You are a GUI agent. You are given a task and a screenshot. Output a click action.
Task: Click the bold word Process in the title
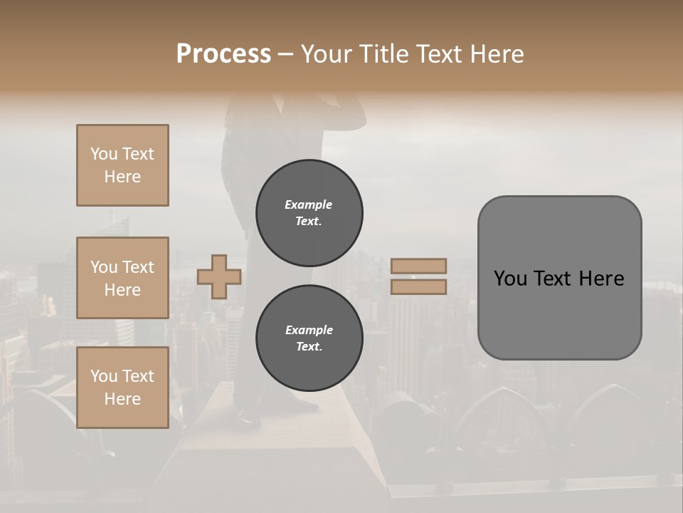point(223,54)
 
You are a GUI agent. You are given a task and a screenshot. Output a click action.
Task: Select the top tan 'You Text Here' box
point(122,165)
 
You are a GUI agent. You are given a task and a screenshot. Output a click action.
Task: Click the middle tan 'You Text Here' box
point(122,278)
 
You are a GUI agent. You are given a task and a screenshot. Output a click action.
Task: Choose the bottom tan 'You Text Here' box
point(122,388)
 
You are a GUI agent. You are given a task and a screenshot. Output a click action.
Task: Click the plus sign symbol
point(219,276)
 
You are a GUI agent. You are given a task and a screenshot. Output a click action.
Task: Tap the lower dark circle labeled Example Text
point(309,338)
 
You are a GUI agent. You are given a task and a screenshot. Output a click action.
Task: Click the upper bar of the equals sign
point(418,266)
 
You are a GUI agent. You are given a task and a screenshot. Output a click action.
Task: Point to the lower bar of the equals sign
point(418,286)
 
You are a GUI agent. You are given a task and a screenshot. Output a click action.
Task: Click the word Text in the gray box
point(552,279)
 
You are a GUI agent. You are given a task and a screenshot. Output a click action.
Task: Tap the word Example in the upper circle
point(309,204)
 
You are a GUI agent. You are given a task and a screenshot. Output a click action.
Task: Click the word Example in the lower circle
point(309,330)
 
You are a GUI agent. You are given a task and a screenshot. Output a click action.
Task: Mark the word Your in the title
point(324,54)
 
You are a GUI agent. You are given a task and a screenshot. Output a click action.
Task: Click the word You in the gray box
point(510,279)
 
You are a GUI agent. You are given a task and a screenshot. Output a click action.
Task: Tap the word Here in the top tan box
point(122,177)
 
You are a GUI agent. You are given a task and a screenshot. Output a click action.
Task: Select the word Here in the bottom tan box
point(122,399)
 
